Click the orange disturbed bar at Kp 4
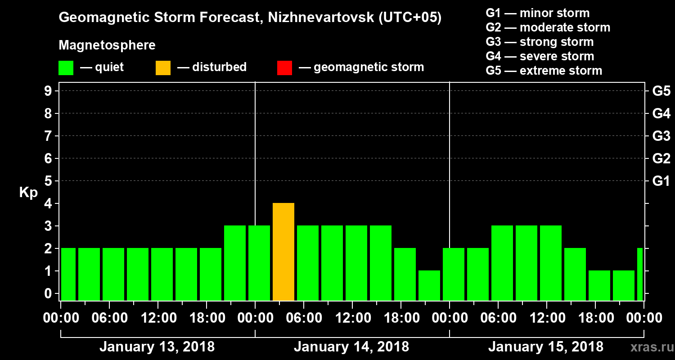coord(283,252)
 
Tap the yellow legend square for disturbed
coord(163,68)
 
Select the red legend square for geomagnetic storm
coord(284,68)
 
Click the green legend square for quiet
coord(66,68)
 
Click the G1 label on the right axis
coord(661,181)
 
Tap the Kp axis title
coord(28,193)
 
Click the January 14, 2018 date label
coord(351,347)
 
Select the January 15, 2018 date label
coord(545,347)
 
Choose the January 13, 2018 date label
coord(157,347)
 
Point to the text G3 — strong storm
coord(540,42)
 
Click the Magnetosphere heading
coord(107,45)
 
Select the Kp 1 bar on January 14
coord(429,285)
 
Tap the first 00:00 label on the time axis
coord(61,318)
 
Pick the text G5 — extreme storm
coord(544,71)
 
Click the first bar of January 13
coord(68,274)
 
